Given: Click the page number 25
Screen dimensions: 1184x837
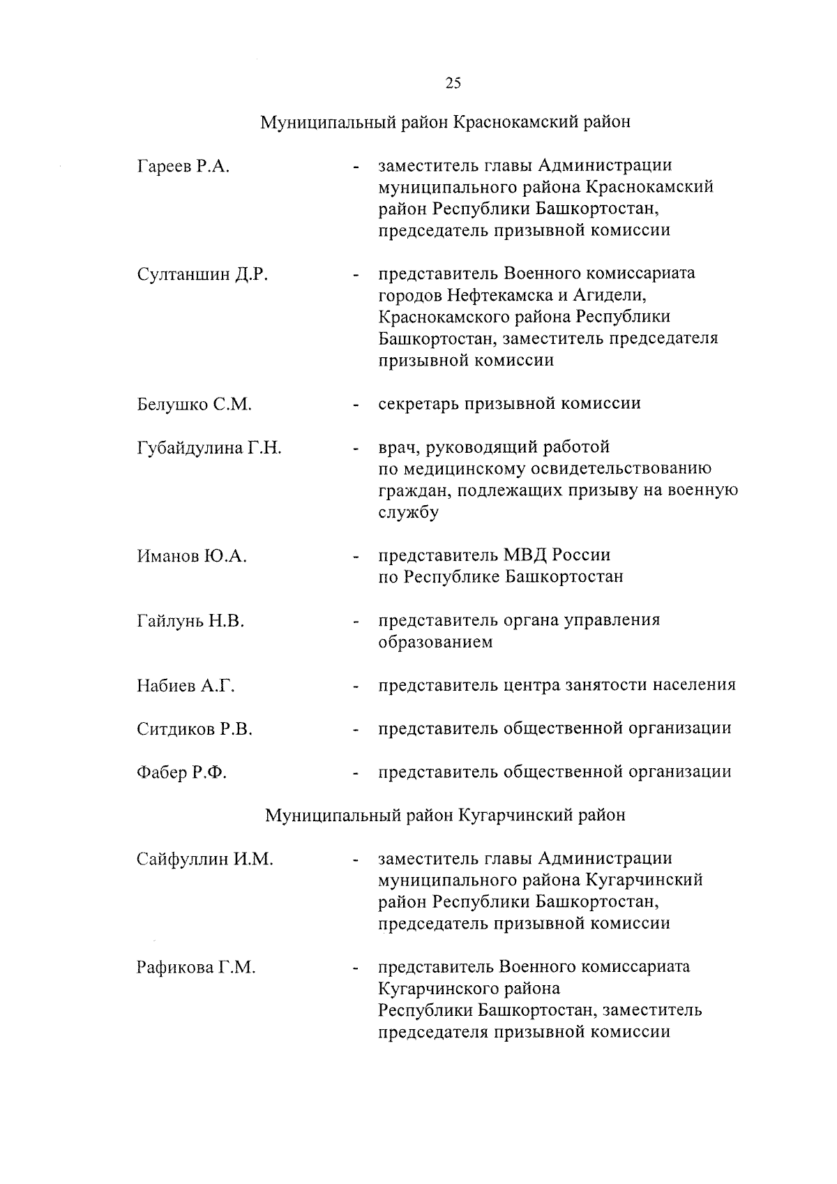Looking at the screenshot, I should [x=453, y=83].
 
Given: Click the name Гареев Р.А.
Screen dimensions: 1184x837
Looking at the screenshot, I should [x=183, y=166].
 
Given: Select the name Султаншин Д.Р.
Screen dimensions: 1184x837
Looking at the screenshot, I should [x=203, y=274].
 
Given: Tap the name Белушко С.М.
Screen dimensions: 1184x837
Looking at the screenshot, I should [x=194, y=405].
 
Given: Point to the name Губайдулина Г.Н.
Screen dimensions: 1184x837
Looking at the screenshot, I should [x=209, y=448].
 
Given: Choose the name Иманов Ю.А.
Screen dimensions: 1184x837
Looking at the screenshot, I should [x=192, y=557].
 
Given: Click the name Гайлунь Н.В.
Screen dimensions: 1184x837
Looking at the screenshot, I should [x=190, y=621].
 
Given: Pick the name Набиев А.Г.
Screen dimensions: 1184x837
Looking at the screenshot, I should [x=186, y=687].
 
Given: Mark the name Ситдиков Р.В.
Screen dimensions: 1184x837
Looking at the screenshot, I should [x=195, y=730].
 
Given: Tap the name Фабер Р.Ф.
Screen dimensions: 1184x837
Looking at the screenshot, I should [x=182, y=773].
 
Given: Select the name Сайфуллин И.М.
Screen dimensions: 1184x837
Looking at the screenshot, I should [x=204, y=860].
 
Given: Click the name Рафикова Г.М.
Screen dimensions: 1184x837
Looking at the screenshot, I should [x=196, y=968].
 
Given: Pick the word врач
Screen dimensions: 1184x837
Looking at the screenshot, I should [x=398, y=447].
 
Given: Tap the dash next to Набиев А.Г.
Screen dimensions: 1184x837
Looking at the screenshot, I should [x=356, y=687].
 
